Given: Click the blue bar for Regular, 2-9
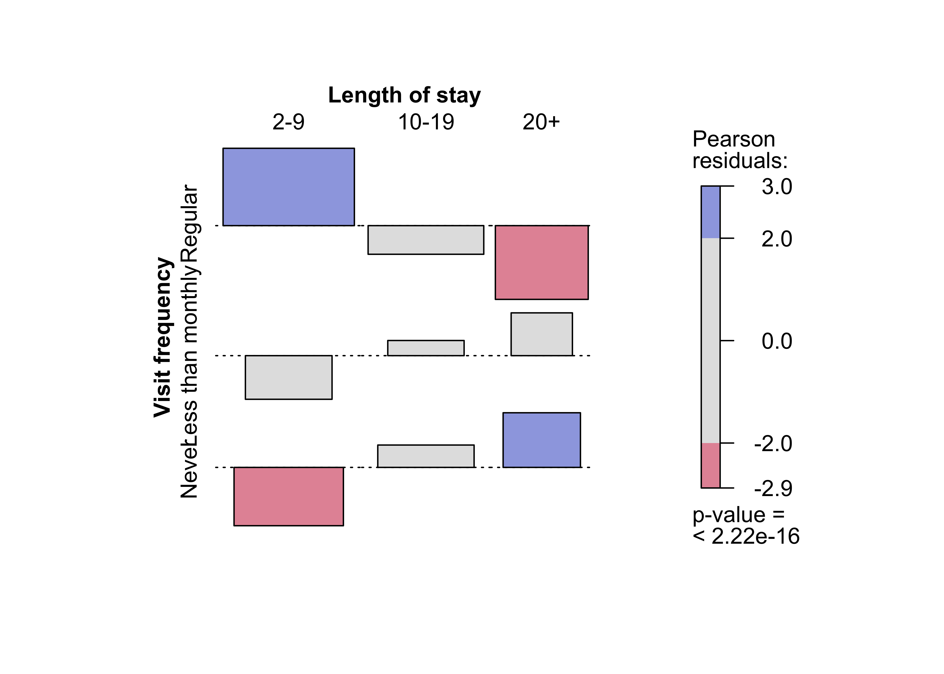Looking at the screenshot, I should pos(289,187).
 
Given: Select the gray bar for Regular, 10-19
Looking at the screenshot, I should pos(425,240).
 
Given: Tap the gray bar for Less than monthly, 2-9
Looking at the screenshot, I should pos(289,377).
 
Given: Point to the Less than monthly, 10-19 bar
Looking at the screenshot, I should pos(425,348).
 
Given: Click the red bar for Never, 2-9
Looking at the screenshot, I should pos(289,496).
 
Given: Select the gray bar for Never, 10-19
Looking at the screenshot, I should pos(425,456).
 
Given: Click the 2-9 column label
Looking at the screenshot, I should pos(289,122).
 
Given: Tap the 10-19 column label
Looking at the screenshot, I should pos(426,122).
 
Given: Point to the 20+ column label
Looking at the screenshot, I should pos(541,122).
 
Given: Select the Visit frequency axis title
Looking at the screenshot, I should pos(163,337).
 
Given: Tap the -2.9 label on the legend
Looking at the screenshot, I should pos(773,488).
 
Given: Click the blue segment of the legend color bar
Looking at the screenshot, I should pos(710,212).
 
